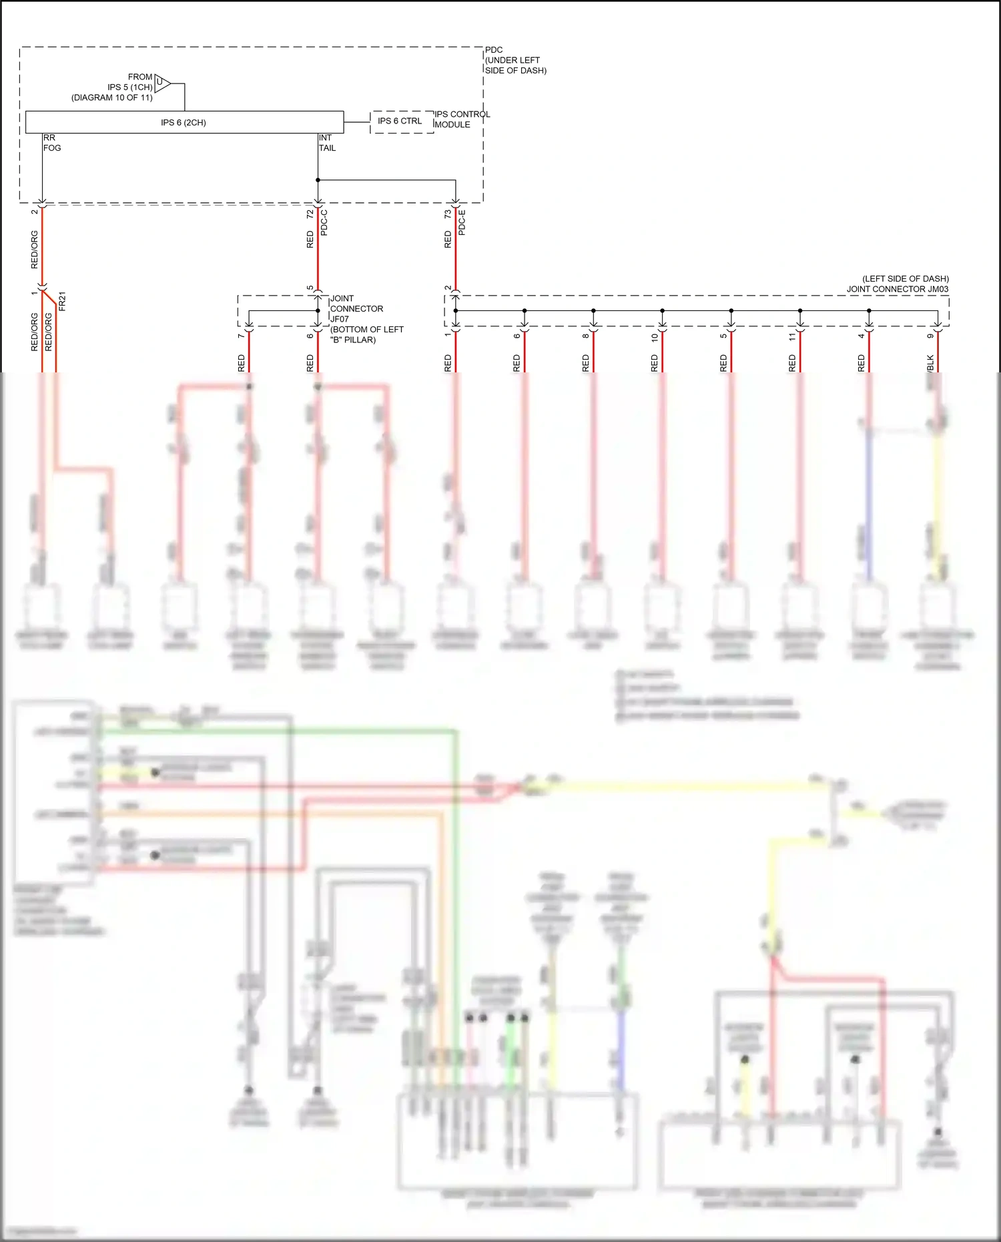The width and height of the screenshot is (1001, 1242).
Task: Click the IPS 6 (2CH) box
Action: (184, 122)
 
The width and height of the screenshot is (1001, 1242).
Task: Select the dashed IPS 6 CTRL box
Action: (400, 121)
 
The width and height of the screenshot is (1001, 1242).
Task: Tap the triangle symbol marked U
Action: (162, 83)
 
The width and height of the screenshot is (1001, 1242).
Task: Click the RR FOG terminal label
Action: (51, 143)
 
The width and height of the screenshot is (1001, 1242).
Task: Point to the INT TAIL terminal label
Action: (327, 143)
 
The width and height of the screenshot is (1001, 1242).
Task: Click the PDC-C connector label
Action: (324, 222)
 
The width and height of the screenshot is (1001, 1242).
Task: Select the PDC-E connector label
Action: (462, 222)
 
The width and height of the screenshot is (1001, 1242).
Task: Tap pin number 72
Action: (310, 214)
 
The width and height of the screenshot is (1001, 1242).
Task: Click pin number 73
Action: (448, 214)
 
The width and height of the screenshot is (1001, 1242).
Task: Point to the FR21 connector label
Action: (62, 301)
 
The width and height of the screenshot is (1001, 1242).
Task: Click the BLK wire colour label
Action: (930, 363)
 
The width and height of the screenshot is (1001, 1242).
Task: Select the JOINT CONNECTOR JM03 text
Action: (897, 289)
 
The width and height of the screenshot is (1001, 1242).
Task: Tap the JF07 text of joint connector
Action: (339, 319)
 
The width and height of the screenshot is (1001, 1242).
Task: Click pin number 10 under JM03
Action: (655, 337)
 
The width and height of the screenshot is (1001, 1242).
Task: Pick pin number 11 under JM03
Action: (792, 337)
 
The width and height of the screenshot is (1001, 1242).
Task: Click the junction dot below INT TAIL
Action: (318, 180)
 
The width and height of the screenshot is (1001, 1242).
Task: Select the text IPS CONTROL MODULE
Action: (462, 119)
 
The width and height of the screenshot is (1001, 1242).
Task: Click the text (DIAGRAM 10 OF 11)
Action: (112, 97)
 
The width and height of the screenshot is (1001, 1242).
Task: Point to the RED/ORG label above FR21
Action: (35, 250)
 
